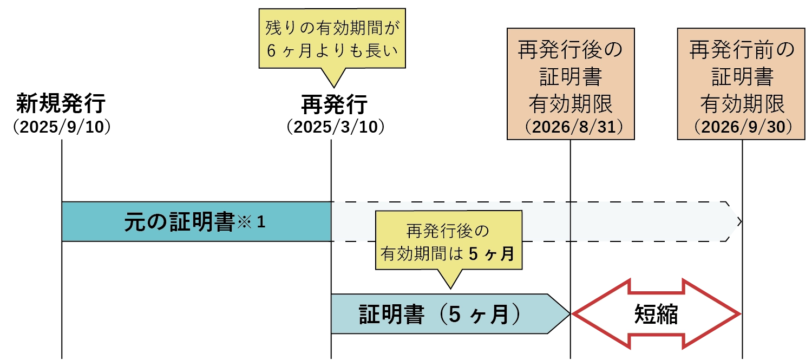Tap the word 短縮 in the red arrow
point(656,315)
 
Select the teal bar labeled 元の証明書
point(196,221)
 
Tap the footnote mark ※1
point(250,221)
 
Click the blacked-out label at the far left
point(62,114)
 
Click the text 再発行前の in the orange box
point(742,51)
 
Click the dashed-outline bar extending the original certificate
point(531,221)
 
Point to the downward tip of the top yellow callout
point(333,83)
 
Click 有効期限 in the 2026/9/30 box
point(742,102)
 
